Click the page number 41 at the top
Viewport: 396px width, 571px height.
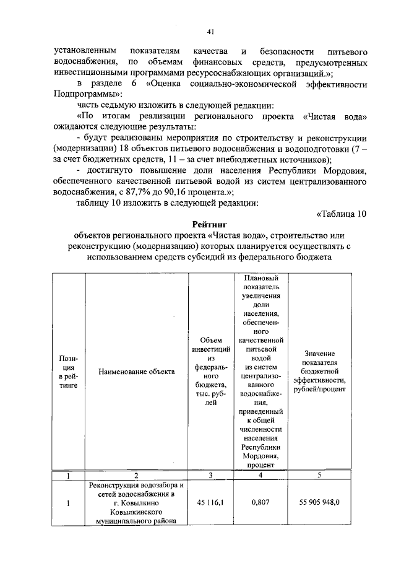pos(210,32)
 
